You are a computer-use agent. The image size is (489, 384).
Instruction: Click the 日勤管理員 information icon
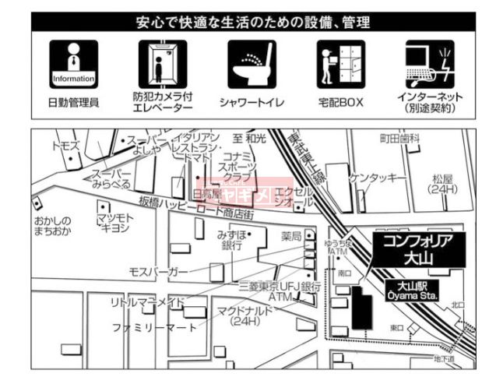[x=72, y=65]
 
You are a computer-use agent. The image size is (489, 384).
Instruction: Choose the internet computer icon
[x=427, y=65]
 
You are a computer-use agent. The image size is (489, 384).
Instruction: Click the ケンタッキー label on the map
[x=378, y=178]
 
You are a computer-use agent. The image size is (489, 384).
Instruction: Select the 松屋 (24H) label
[x=443, y=184]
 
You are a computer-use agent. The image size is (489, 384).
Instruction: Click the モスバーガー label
[x=158, y=270]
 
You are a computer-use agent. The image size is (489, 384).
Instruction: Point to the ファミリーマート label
[x=154, y=326]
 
